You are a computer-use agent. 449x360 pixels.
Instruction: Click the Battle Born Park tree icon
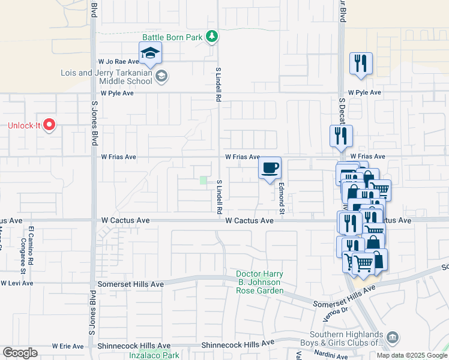[211, 37]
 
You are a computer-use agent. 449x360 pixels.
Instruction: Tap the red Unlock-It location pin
[50, 125]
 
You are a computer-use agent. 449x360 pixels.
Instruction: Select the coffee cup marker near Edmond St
[270, 168]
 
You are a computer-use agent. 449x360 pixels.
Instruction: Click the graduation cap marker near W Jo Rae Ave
[151, 53]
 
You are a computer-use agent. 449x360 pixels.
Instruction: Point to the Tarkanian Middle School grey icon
[161, 76]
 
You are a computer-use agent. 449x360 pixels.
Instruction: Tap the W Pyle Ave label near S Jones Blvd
[115, 94]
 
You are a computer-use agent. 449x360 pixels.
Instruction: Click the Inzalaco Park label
[154, 355]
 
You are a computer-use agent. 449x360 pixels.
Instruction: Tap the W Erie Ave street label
[68, 346]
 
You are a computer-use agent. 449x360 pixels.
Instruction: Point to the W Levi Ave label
[17, 283]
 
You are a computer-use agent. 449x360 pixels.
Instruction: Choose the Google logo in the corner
[20, 352]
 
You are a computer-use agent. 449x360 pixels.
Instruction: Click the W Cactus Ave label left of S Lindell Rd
[125, 221]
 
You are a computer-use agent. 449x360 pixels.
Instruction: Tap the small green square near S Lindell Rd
[203, 180]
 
